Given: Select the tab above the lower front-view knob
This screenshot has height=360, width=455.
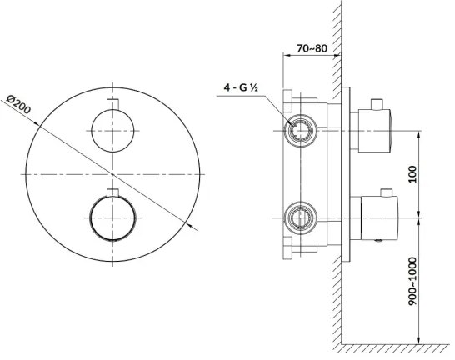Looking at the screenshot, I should (x=111, y=196).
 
